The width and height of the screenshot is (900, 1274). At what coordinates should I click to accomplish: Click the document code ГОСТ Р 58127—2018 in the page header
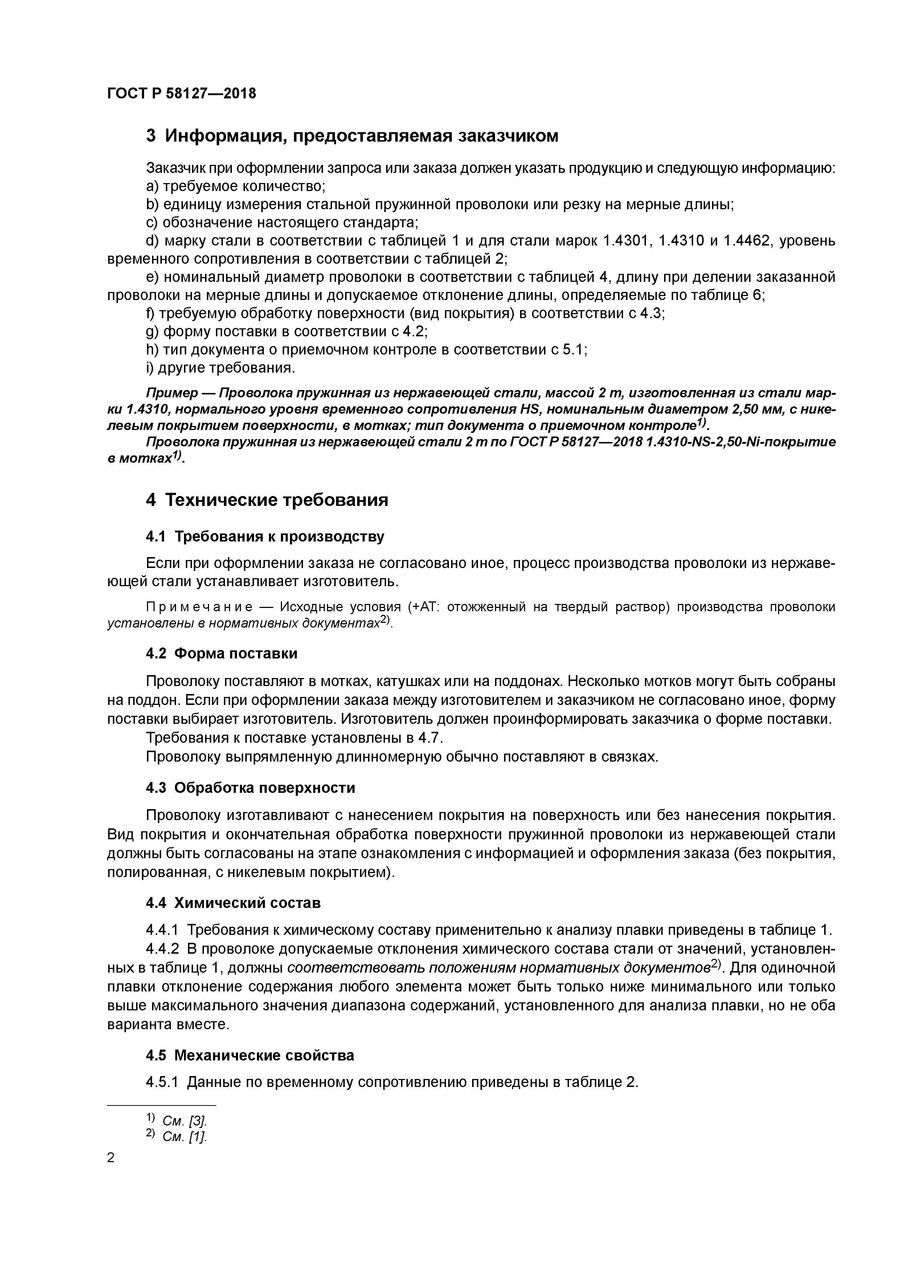pyautogui.click(x=181, y=94)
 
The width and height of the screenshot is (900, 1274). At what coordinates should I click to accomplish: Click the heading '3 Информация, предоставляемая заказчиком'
pyautogui.click(x=352, y=136)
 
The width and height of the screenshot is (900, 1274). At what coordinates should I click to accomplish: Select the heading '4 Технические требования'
pyautogui.click(x=267, y=500)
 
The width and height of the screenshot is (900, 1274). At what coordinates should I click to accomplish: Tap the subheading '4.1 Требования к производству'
pyautogui.click(x=265, y=536)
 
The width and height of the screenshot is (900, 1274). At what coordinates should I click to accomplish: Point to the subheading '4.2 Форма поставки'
pyautogui.click(x=221, y=654)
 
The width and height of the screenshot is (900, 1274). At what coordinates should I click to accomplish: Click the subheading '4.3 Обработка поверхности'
pyautogui.click(x=250, y=788)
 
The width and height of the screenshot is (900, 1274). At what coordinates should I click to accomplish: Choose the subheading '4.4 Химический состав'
pyautogui.click(x=233, y=903)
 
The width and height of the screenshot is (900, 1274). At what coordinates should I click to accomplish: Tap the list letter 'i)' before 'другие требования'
pyautogui.click(x=150, y=368)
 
